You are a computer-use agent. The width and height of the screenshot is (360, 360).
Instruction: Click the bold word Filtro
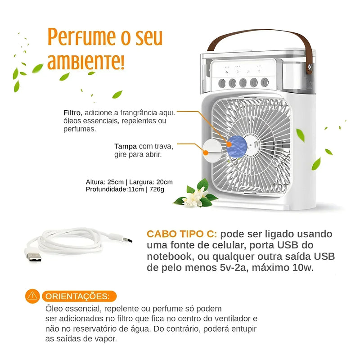coord(72,112)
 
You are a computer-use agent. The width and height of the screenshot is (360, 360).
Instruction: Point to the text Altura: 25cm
coord(104,182)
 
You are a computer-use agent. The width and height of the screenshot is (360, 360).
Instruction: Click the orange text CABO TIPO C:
coord(182,234)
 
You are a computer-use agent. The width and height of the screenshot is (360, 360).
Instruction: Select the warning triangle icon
coord(32,296)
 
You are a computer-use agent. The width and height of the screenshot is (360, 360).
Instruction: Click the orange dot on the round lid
coord(206,153)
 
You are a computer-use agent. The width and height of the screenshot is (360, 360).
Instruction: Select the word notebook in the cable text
coord(168,257)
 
